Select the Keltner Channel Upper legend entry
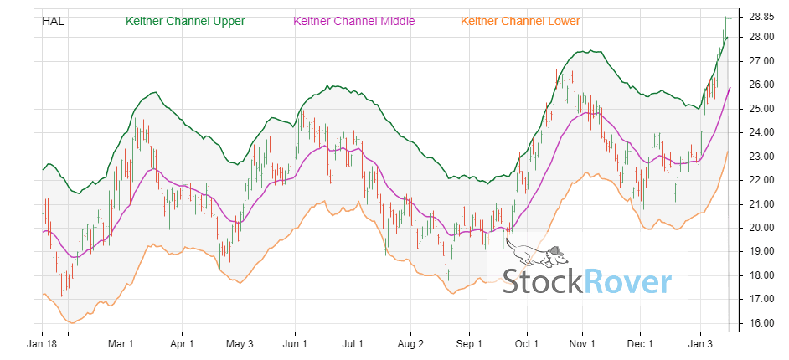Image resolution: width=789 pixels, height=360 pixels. tap(185, 21)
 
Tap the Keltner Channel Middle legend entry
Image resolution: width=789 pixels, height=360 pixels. tap(353, 21)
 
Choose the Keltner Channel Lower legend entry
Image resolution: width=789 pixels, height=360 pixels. tap(521, 21)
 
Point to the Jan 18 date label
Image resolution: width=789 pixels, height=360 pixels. tap(42, 343)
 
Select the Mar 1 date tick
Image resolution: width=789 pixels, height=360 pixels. tap(121, 343)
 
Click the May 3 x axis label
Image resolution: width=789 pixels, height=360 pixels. tap(240, 343)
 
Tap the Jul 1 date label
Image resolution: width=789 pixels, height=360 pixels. tap(353, 343)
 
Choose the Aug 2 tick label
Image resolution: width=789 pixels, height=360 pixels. tap(411, 343)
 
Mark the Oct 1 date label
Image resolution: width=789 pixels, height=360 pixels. tap(527, 343)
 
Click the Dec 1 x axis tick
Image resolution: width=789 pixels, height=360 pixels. tap(640, 343)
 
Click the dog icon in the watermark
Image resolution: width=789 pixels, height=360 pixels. tap(536, 252)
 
